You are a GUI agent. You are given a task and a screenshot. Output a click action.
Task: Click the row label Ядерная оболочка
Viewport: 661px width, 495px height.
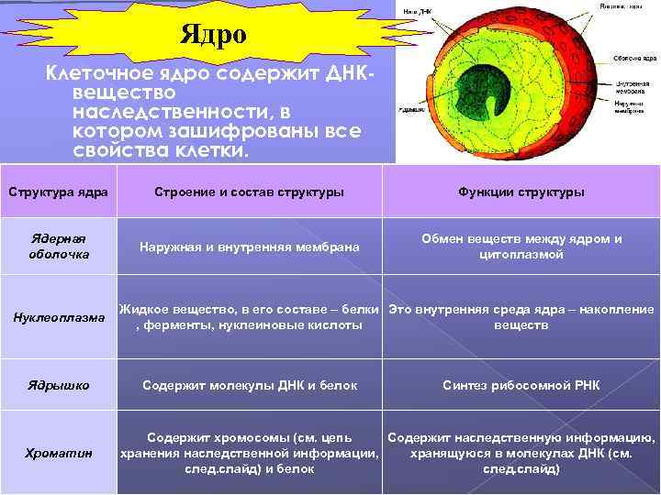(x=58, y=246)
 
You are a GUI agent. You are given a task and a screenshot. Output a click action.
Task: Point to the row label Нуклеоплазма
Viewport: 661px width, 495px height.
(x=58, y=318)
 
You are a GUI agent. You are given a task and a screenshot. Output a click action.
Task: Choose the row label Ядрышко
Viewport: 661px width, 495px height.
(x=58, y=386)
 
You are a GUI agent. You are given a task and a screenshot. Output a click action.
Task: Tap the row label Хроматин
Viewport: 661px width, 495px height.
(x=58, y=453)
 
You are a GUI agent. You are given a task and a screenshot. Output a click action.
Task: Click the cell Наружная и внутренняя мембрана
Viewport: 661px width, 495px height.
(x=249, y=247)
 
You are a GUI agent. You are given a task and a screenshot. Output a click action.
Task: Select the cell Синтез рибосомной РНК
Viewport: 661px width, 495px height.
(x=521, y=386)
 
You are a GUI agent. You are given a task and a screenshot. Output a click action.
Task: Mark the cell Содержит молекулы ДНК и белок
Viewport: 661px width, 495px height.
(x=249, y=386)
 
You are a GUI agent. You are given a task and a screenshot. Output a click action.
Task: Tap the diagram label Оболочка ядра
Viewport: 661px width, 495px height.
(x=633, y=57)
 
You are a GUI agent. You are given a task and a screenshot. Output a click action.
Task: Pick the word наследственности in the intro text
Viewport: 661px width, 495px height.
(x=174, y=112)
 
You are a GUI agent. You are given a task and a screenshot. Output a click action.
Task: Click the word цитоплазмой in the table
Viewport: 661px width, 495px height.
(x=521, y=254)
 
